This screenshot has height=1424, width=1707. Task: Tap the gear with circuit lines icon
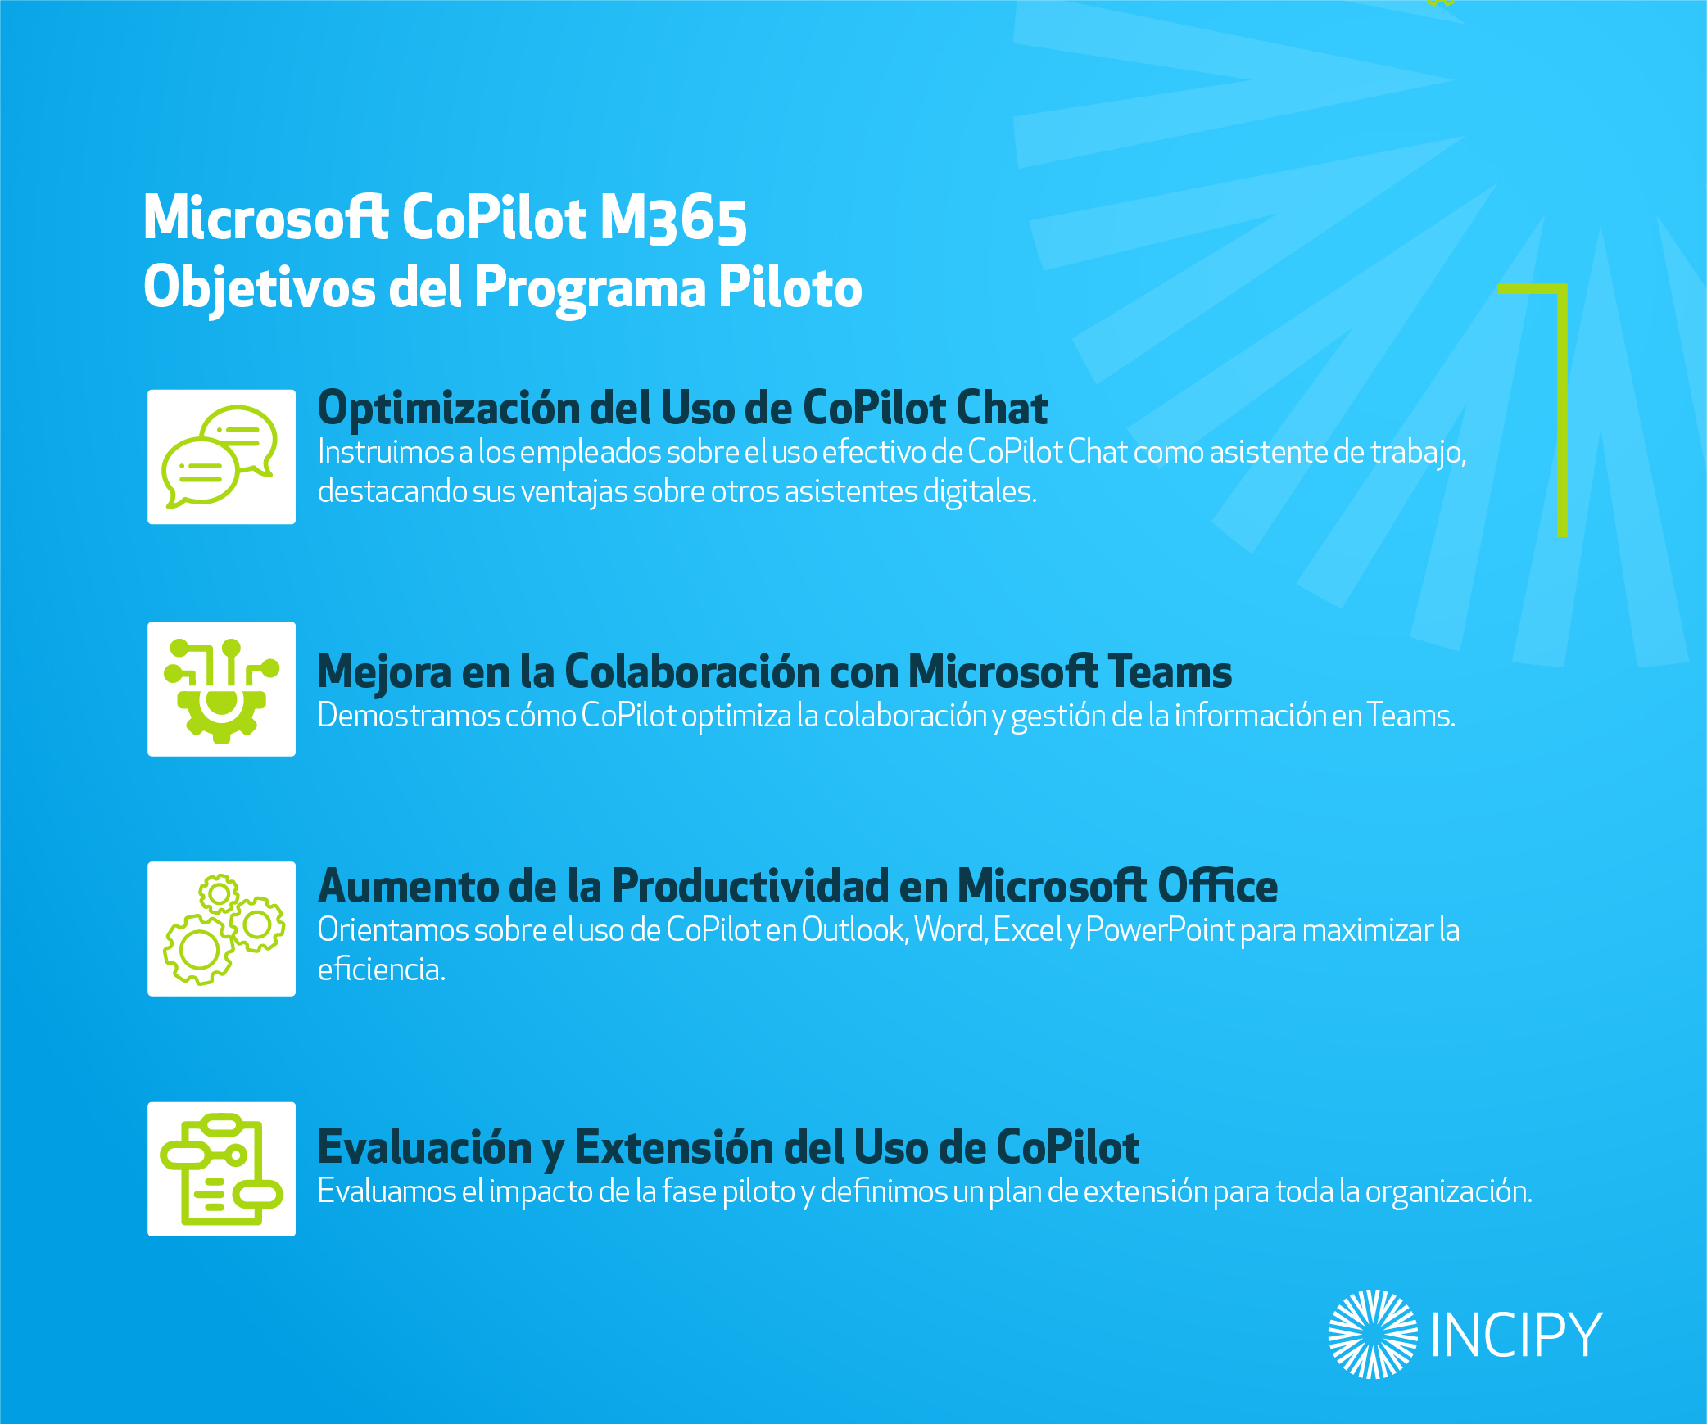221,690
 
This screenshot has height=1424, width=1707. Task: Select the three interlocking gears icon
224,929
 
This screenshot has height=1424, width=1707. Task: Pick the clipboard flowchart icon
221,1169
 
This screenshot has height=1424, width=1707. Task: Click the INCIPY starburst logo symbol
1373,1334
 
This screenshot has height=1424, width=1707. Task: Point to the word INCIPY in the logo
1515,1335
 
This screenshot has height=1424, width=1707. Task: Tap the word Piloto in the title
790,287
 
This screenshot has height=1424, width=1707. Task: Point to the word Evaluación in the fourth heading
425,1146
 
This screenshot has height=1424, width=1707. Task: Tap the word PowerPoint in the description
1160,930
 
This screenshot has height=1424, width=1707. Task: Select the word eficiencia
382,970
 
